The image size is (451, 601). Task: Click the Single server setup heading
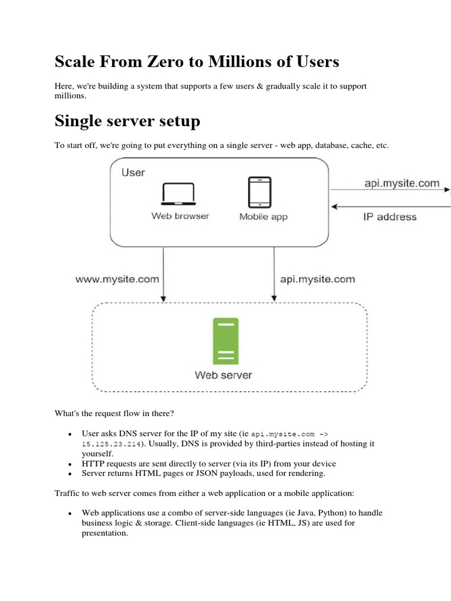(x=127, y=121)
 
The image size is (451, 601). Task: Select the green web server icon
(x=226, y=342)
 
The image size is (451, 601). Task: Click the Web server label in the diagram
(x=224, y=374)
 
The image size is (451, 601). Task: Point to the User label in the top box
(x=133, y=173)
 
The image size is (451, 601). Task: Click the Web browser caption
(x=180, y=216)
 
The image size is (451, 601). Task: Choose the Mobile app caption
(x=263, y=217)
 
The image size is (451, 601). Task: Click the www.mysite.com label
(x=117, y=279)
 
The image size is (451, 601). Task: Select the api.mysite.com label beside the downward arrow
(x=317, y=279)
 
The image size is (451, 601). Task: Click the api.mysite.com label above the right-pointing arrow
(x=401, y=183)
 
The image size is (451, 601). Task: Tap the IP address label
(x=389, y=217)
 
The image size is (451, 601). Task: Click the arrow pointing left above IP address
(x=391, y=206)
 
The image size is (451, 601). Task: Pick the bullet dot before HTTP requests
(x=70, y=464)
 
